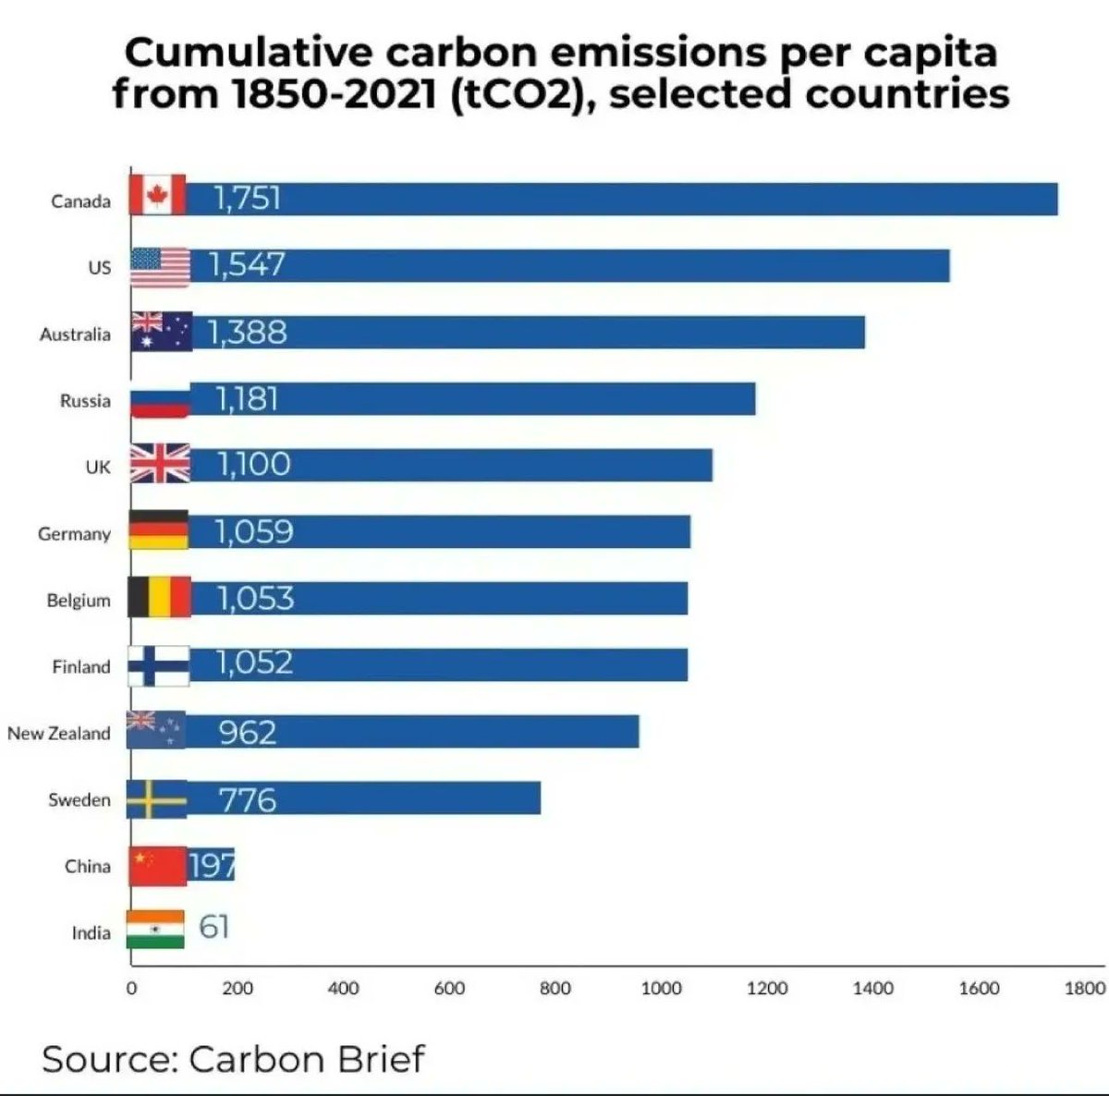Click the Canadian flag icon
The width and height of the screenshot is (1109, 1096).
click(x=157, y=195)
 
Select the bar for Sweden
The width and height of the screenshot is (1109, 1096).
click(x=370, y=798)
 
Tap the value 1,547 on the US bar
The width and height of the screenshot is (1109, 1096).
click(x=247, y=265)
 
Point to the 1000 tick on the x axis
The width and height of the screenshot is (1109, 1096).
click(x=661, y=989)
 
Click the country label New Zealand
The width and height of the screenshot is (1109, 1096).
click(x=58, y=734)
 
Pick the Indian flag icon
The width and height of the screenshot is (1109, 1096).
click(x=155, y=929)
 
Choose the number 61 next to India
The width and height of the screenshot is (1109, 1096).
click(x=213, y=927)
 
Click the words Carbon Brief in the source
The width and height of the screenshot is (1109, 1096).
click(x=307, y=1058)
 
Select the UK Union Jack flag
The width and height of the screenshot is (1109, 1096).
click(x=159, y=464)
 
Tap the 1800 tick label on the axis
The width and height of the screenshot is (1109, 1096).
click(x=1084, y=989)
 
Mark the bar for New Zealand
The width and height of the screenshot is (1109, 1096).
click(x=416, y=732)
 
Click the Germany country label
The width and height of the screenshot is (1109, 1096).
click(x=74, y=534)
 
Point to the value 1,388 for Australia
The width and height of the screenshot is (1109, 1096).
click(x=248, y=332)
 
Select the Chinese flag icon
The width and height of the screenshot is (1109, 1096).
click(x=157, y=866)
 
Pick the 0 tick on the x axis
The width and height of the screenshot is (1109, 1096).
click(x=131, y=989)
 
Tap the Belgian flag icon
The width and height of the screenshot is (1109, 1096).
click(x=159, y=597)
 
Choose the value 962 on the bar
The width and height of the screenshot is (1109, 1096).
click(x=248, y=732)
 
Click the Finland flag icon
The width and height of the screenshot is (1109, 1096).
click(x=159, y=665)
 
